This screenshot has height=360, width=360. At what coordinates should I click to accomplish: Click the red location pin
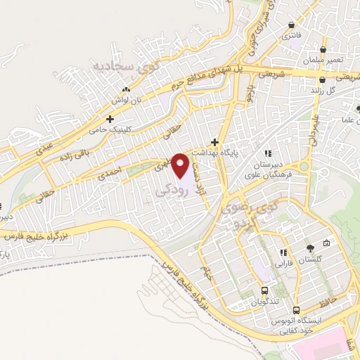(x=181, y=166)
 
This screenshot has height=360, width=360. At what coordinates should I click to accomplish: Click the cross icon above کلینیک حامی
(x=110, y=120)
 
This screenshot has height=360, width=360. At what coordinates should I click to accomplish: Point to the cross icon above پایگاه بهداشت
(x=214, y=141)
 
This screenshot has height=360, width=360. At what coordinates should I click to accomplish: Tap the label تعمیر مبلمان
(x=323, y=61)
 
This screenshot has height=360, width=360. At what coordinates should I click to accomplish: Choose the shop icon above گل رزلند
(x=322, y=80)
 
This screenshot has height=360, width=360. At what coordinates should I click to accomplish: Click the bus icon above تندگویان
(x=264, y=290)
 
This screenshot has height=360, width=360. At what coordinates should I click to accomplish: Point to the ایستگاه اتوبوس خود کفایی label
(x=294, y=325)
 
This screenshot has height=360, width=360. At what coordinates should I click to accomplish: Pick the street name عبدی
(x=28, y=143)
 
